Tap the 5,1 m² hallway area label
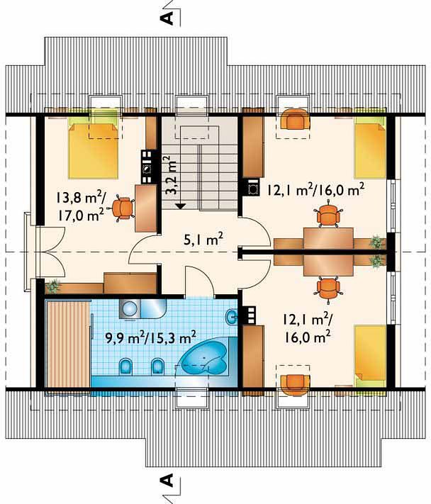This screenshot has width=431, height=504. (203, 240)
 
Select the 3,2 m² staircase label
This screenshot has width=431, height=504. (172, 176)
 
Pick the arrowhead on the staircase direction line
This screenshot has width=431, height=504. (181, 206)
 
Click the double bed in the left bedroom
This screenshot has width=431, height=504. (93, 148)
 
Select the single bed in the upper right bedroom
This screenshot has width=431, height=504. (370, 147)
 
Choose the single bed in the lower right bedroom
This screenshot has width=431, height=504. (370, 356)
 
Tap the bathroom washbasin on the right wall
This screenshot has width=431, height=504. (232, 318)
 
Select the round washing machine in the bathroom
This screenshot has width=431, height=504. (130, 309)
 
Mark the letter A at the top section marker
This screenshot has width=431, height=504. (167, 18)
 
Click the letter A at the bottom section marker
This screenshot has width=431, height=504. (167, 481)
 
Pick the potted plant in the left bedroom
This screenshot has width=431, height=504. (54, 286)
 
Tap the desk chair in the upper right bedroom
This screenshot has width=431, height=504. (328, 214)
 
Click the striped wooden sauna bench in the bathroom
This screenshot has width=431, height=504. (68, 345)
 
